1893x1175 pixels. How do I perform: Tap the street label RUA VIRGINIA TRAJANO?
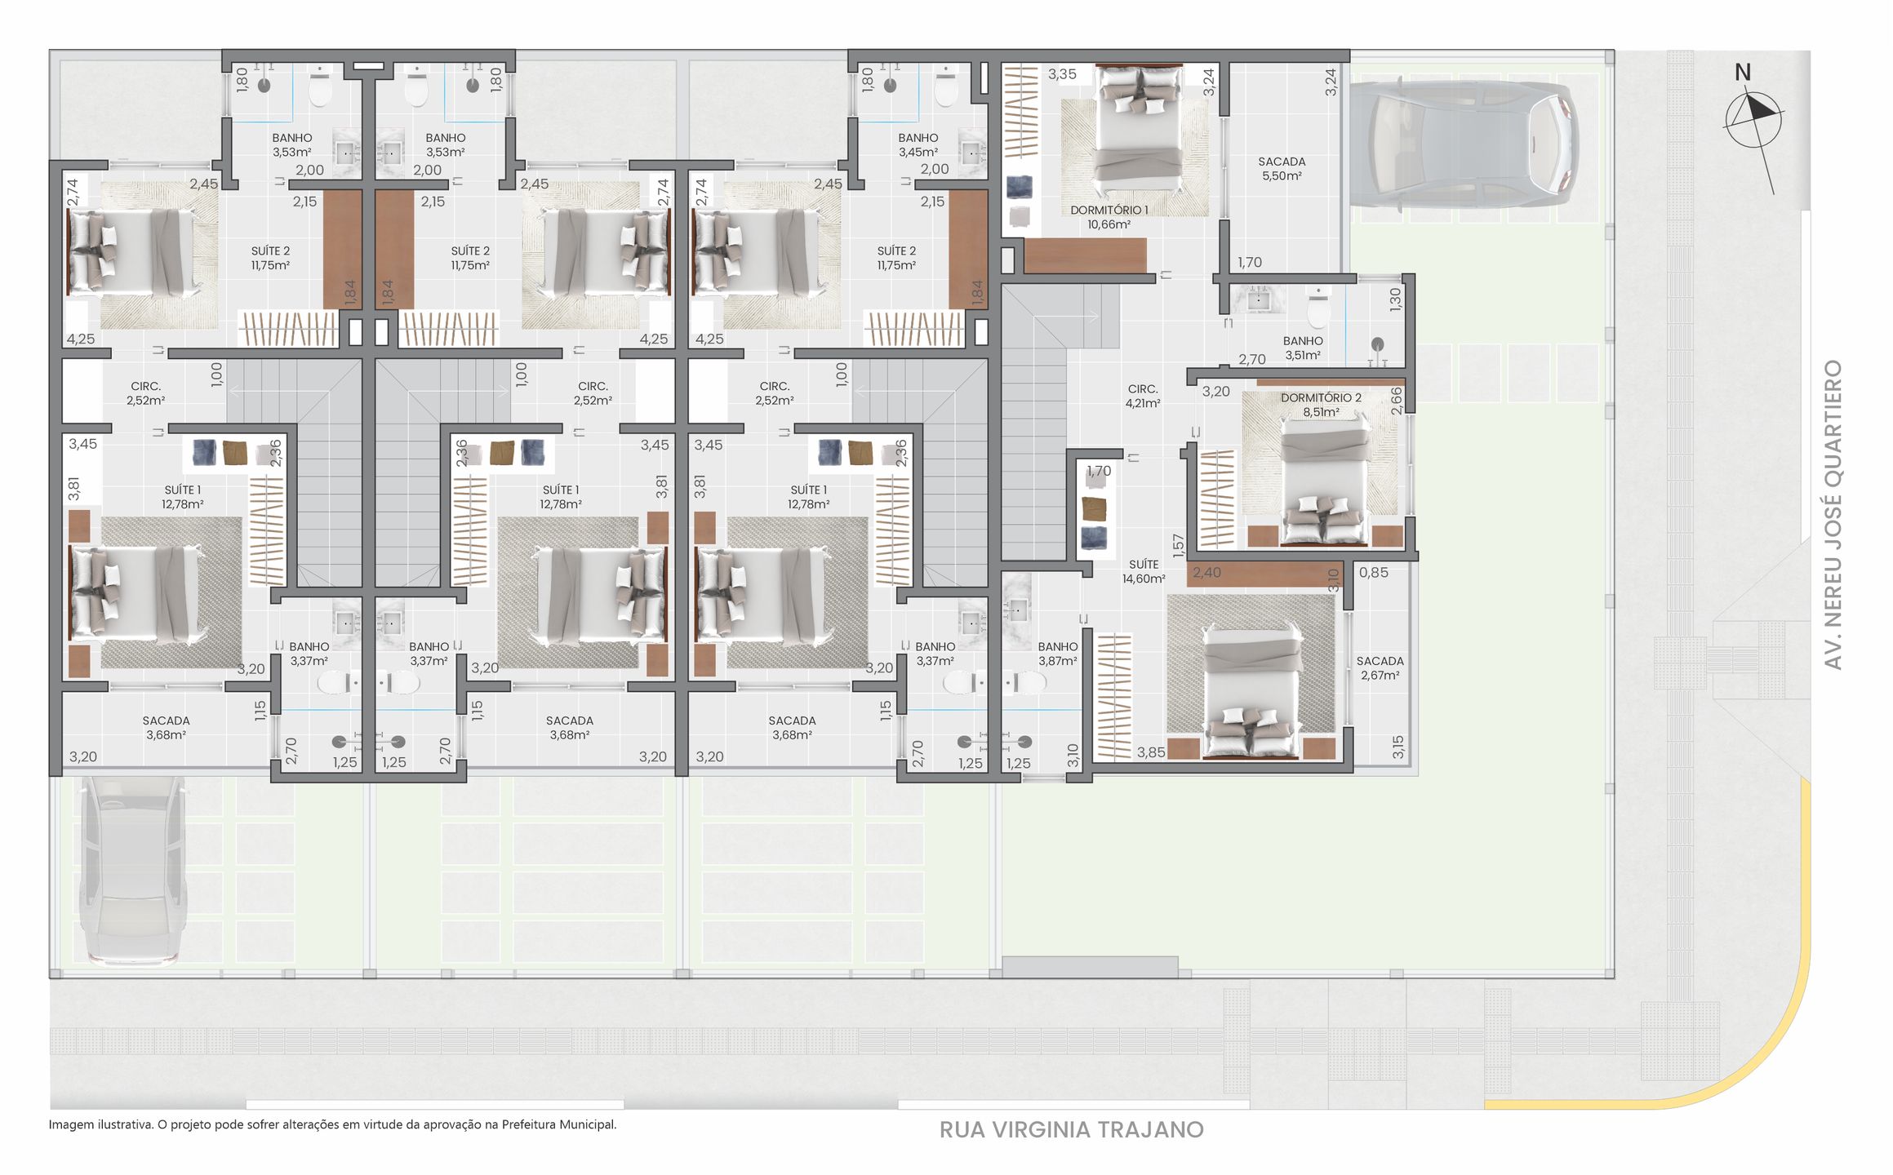1071,1130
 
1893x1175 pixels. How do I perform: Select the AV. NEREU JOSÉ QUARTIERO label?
1833,514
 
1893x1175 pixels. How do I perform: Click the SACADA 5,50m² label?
1281,169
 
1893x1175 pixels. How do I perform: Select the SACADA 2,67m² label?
1380,668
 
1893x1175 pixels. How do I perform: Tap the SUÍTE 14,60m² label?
1143,571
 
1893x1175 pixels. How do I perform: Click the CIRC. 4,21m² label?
1142,396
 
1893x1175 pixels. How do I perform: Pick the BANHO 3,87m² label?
1057,654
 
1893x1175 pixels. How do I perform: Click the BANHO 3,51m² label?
1302,348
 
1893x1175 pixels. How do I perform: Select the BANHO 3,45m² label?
918,145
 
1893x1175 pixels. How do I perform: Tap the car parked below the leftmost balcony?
131,869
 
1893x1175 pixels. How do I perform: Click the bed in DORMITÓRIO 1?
1138,126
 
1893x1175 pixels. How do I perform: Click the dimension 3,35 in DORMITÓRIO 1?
1062,74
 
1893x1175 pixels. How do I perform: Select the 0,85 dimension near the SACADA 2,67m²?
1373,573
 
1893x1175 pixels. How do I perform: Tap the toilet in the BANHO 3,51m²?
1318,308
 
